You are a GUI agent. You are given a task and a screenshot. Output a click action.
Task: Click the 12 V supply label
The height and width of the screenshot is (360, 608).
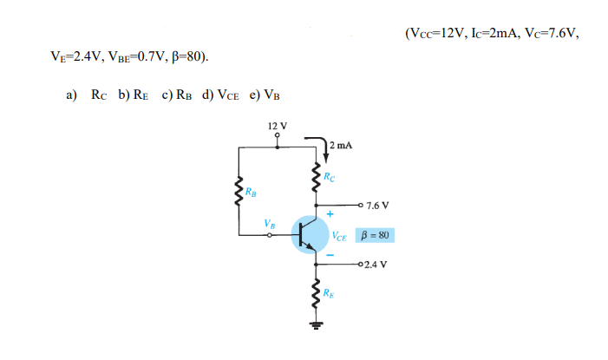(x=278, y=126)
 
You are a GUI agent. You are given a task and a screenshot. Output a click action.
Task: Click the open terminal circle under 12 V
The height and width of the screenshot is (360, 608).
(x=278, y=136)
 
